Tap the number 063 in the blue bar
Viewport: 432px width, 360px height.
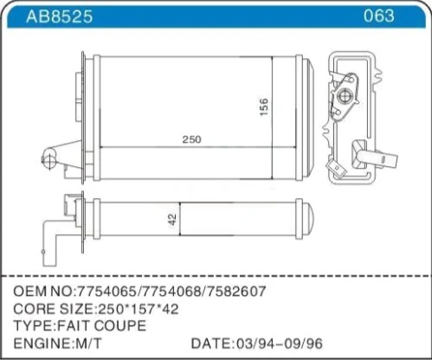tap(378, 16)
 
